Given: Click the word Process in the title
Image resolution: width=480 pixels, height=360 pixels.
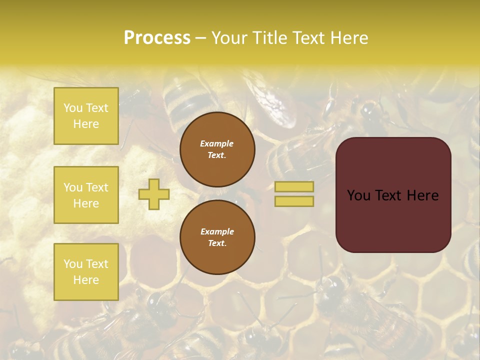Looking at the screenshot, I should [157, 38].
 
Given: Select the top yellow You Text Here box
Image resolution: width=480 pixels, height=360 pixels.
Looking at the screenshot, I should [86, 116].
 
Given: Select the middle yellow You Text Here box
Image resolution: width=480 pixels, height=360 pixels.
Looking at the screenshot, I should [86, 195].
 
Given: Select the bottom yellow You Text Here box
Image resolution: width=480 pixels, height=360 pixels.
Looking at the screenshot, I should [86, 271].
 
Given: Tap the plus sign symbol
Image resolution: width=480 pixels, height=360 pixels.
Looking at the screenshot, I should [154, 194].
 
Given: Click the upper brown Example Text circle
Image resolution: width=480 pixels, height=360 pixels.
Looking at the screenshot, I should [217, 149].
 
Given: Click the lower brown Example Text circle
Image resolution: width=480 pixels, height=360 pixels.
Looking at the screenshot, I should [217, 237].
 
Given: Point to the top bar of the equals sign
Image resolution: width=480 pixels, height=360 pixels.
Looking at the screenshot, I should [294, 187].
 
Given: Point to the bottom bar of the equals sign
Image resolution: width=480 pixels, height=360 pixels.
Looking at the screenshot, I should [294, 201].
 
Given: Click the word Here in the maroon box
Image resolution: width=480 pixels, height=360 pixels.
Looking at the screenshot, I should [422, 195].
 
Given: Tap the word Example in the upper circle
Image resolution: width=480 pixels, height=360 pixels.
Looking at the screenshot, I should [217, 143].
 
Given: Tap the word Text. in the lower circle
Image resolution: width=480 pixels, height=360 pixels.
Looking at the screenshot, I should [217, 243].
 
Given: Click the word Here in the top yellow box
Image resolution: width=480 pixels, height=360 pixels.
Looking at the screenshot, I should [86, 124].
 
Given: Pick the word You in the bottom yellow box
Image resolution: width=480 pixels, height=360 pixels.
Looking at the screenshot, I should [73, 264].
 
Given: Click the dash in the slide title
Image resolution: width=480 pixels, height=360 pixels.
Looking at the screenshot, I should [201, 38].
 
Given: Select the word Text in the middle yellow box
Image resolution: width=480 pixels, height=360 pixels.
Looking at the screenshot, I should [97, 187].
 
